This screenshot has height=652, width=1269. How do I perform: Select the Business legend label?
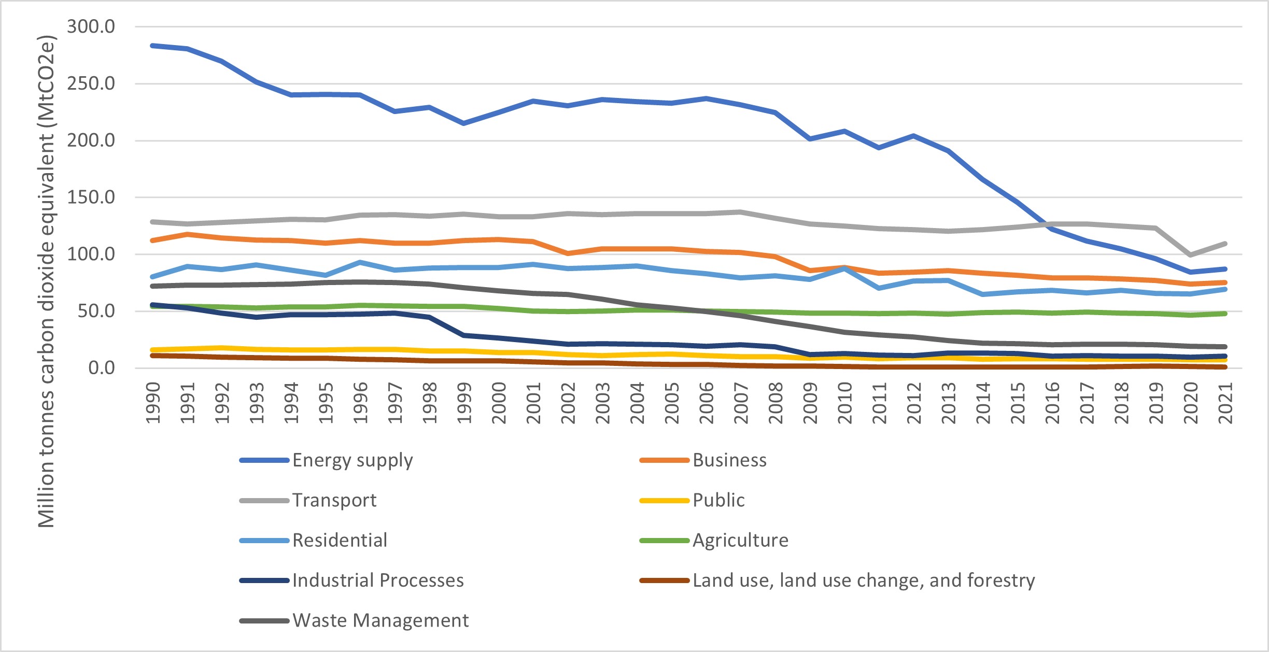729,460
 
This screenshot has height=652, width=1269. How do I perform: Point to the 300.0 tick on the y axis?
91,26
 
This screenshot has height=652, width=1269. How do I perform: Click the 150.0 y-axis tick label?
91,197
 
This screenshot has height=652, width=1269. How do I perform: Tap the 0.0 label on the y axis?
102,368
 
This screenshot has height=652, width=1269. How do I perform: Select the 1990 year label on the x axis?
152,403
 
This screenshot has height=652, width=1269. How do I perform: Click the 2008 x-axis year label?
776,403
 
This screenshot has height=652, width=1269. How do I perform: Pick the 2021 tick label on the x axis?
1225,403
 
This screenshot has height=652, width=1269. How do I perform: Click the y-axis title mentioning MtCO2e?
47,281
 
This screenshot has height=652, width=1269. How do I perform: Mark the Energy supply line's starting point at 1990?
152,46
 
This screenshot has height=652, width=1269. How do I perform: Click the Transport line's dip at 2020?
1191,254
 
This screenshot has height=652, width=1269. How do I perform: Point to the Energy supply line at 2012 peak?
913,136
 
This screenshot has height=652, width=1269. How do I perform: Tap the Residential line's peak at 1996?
360,262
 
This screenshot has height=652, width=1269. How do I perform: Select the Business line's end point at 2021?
1225,282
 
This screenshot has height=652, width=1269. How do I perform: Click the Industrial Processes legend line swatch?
264,580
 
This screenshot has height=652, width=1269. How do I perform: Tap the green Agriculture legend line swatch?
664,541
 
